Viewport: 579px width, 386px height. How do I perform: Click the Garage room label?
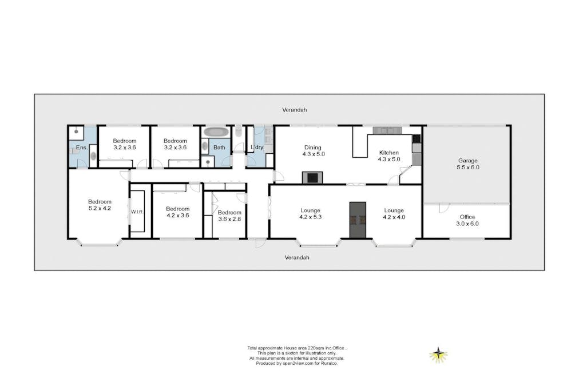pyautogui.click(x=468, y=164)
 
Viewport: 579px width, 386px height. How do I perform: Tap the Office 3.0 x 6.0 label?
pyautogui.click(x=467, y=220)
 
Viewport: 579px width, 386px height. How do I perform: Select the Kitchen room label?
pyautogui.click(x=389, y=156)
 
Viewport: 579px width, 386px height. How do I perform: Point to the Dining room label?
pyautogui.click(x=313, y=150)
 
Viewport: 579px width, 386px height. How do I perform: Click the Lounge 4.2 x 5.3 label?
pyautogui.click(x=310, y=214)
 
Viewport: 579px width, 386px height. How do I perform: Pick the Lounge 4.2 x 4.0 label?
pyautogui.click(x=394, y=214)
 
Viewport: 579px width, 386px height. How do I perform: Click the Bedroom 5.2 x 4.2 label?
pyautogui.click(x=100, y=205)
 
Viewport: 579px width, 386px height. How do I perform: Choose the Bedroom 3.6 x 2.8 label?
pyautogui.click(x=229, y=216)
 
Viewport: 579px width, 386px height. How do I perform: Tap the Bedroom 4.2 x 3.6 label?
pyautogui.click(x=177, y=212)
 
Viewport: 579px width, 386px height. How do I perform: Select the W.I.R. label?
pyautogui.click(x=137, y=212)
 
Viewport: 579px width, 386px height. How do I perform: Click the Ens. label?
pyautogui.click(x=82, y=148)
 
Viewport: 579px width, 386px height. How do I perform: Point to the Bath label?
pyautogui.click(x=219, y=147)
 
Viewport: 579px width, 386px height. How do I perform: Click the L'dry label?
pyautogui.click(x=257, y=147)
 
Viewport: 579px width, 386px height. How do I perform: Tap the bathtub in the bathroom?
pyautogui.click(x=216, y=132)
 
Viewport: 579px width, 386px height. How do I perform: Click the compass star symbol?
pyautogui.click(x=438, y=355)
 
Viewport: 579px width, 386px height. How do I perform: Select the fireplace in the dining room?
pyautogui.click(x=312, y=177)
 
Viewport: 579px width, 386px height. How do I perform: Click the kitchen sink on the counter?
pyautogui.click(x=387, y=130)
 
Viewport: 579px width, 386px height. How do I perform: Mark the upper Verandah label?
pyautogui.click(x=294, y=110)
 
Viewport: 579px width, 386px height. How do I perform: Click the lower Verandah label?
pyautogui.click(x=297, y=257)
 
